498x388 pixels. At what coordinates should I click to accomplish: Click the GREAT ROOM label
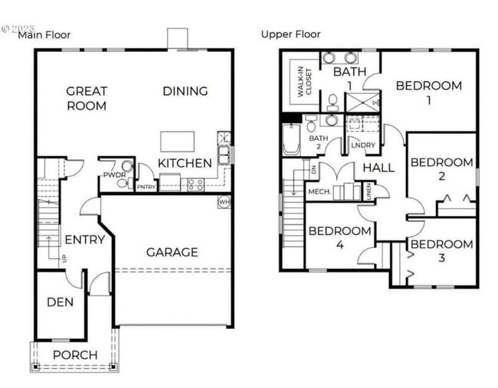(86, 98)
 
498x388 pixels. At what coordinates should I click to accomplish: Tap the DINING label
(185, 91)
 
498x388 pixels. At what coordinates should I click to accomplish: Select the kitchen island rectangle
(176, 141)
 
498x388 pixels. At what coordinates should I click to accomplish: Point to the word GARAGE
(172, 252)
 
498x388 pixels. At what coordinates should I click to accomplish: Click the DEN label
(60, 302)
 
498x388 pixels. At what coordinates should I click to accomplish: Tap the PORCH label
(75, 355)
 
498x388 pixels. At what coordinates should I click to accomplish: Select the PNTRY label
(146, 187)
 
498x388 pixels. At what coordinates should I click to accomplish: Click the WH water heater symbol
(224, 202)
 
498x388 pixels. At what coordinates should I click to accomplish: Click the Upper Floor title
(290, 34)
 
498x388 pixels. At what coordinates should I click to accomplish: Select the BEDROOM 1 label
(428, 92)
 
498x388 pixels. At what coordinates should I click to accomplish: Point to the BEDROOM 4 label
(339, 237)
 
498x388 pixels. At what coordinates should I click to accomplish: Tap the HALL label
(378, 168)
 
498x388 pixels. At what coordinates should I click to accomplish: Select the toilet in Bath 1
(333, 100)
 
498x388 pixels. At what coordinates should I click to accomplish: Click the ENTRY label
(84, 240)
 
